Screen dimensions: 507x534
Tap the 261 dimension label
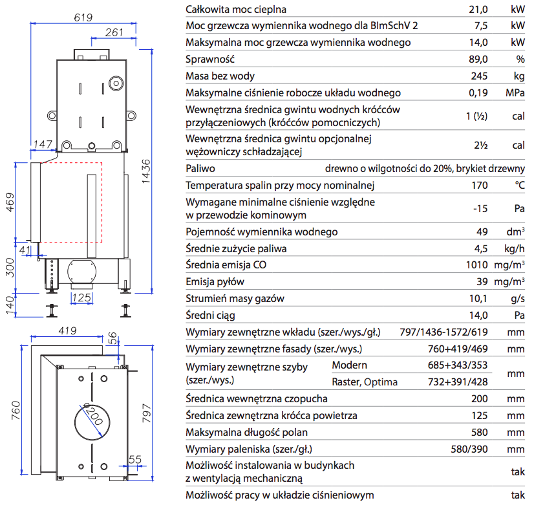point(114,32)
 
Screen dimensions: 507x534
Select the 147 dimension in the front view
point(43,144)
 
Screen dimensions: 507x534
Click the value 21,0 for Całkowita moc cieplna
point(478,9)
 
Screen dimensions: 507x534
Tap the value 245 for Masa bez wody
point(479,76)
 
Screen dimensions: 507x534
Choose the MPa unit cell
point(515,93)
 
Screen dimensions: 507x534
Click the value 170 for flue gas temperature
point(479,186)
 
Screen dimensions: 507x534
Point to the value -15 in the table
point(479,208)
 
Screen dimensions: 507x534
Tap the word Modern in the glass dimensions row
point(349,365)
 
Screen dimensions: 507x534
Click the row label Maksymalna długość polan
point(246,432)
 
